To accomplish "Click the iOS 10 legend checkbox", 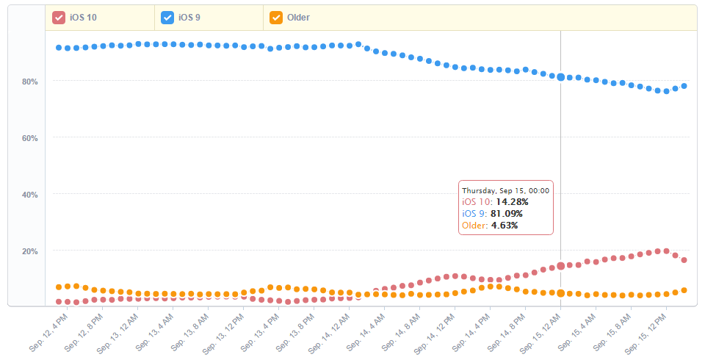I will tap(59, 18).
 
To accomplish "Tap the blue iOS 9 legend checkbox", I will tap(167, 18).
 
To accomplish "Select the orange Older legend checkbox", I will tap(276, 18).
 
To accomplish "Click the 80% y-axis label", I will tap(29, 82).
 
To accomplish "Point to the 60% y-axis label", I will tap(29, 138).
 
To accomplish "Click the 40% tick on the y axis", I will tap(29, 195).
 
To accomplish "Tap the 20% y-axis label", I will tap(29, 251).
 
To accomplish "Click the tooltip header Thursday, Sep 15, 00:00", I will tap(506, 190).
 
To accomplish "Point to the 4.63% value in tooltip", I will tap(505, 225).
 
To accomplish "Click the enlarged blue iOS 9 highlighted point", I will tap(561, 77).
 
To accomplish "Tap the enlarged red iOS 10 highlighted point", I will tap(561, 266).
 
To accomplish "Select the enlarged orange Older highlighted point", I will tap(561, 293).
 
